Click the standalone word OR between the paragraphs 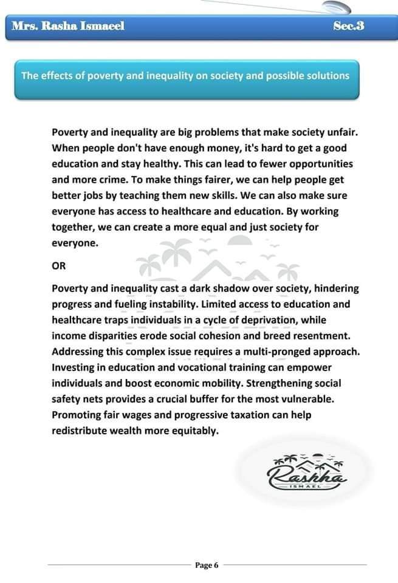pos(59,265)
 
